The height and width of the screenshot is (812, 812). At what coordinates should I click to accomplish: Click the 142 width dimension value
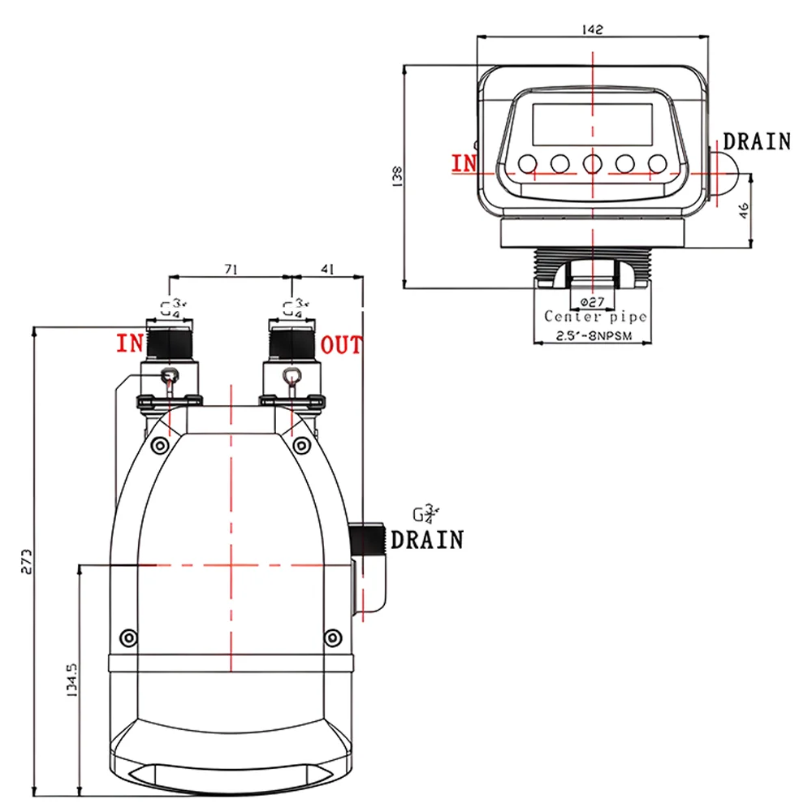coord(593,29)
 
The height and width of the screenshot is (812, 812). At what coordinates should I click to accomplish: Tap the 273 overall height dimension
coord(27,560)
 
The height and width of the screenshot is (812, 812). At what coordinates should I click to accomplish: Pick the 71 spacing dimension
coord(231,271)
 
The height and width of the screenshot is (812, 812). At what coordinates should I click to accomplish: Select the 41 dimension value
coord(327,271)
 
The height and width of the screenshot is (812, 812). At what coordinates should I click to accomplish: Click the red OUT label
coord(341,345)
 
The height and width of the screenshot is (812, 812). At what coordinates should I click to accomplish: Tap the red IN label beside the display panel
coord(465,163)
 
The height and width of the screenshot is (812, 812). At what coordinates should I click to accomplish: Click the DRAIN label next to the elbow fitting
coord(427,539)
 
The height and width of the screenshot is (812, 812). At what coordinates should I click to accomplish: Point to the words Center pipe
coord(595,317)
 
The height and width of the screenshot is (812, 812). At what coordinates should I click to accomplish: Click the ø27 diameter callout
coord(592,301)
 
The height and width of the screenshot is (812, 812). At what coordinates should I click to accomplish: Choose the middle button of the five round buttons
coord(592,164)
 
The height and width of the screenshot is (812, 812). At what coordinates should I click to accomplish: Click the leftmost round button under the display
coord(527,164)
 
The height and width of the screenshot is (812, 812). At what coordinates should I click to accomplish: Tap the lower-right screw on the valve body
coord(330,637)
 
